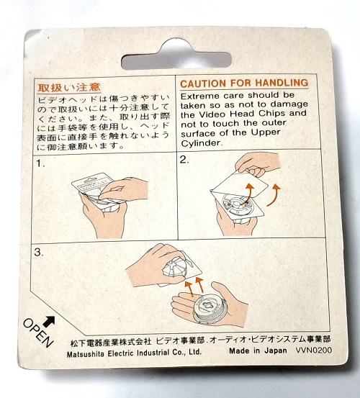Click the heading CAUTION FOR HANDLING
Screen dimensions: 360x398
pyautogui.click(x=244, y=83)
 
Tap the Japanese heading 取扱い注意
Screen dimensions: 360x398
pyautogui.click(x=69, y=88)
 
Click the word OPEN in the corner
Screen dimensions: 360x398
pyautogui.click(x=38, y=333)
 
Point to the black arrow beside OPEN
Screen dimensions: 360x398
pyautogui.click(x=49, y=321)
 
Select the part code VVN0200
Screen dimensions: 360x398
pyautogui.click(x=314, y=350)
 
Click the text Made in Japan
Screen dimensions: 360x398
pyautogui.click(x=258, y=350)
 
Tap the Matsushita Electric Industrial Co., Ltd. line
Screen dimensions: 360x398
pyautogui.click(x=134, y=353)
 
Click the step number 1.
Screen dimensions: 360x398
pyautogui.click(x=40, y=163)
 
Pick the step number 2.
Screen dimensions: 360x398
pyautogui.click(x=184, y=160)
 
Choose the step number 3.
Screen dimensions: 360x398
pyautogui.click(x=39, y=253)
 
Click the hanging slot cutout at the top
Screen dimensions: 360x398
pyautogui.click(x=176, y=56)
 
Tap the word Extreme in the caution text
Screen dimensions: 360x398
pyautogui.click(x=200, y=96)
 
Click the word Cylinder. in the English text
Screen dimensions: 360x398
pyautogui.click(x=201, y=143)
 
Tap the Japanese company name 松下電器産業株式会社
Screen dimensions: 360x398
pyautogui.click(x=111, y=343)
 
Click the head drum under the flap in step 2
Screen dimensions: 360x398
pyautogui.click(x=238, y=206)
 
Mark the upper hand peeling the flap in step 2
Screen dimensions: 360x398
pyautogui.click(x=258, y=163)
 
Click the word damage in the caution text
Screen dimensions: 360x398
pyautogui.click(x=289, y=104)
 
